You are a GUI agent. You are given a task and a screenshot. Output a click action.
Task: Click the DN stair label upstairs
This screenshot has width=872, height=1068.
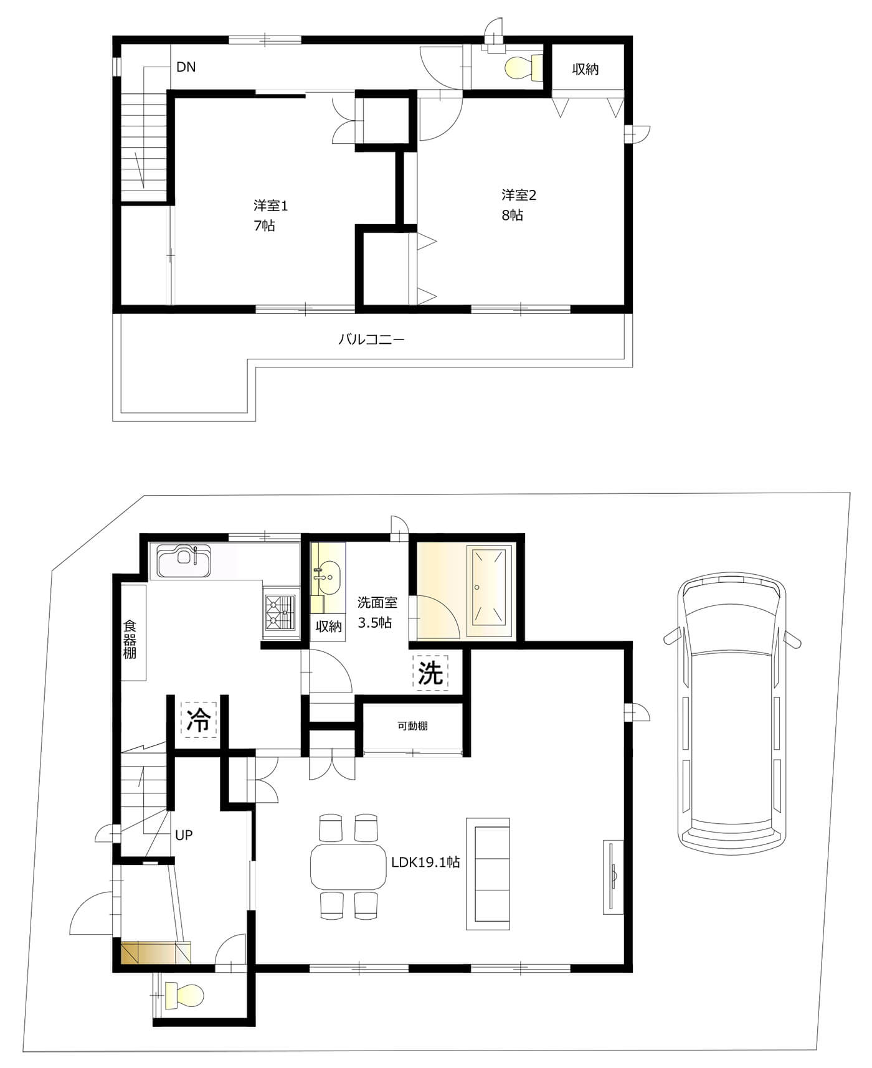point(186,67)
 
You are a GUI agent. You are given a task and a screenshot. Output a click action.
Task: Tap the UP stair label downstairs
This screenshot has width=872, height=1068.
point(184,835)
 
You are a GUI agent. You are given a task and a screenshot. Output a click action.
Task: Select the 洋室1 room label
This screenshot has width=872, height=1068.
point(271,205)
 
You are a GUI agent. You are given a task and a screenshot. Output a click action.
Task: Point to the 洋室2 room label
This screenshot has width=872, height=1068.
point(519,195)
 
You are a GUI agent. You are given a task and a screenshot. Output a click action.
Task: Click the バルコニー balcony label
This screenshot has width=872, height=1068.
point(372,339)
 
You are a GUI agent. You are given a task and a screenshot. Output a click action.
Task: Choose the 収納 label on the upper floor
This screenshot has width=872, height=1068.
point(585,69)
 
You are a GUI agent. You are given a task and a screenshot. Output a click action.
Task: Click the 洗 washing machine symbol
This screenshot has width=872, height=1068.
point(430,673)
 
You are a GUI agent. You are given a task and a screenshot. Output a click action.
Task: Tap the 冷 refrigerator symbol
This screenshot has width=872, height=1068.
point(199,720)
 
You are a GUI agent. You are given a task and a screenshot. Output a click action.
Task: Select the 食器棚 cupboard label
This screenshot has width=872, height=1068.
point(130,639)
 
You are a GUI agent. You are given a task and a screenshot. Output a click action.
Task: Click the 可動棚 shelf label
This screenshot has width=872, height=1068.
point(413,725)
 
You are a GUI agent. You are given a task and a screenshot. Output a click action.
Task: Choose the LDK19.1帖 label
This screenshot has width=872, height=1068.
point(426,862)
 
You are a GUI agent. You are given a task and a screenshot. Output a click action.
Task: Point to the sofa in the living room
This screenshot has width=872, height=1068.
point(488,874)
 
